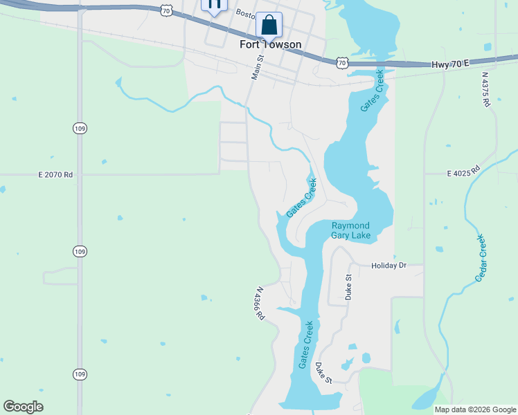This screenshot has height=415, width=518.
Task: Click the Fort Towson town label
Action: click(270, 44)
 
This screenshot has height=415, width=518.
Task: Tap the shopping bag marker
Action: click(269, 25)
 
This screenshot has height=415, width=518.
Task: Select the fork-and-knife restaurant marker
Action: click(214, 4)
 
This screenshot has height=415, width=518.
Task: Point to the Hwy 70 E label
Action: click(450, 64)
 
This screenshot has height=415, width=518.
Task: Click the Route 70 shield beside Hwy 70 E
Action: click(341, 63)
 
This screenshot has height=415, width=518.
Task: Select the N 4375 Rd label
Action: click(485, 89)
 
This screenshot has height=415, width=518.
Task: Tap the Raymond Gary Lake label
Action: click(350, 231)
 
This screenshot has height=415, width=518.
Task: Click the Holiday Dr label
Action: click(388, 266)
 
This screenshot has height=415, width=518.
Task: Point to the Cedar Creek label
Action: click(481, 257)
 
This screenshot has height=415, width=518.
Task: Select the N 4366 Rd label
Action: click(260, 304)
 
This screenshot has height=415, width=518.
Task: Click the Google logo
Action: click(24, 407)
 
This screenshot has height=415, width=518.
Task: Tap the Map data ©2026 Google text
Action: click(475, 409)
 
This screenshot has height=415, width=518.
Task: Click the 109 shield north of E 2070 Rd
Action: click(79, 128)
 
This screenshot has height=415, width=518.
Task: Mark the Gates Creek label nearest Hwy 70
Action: click(372, 91)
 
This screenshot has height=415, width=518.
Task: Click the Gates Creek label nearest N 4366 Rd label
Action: click(305, 344)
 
